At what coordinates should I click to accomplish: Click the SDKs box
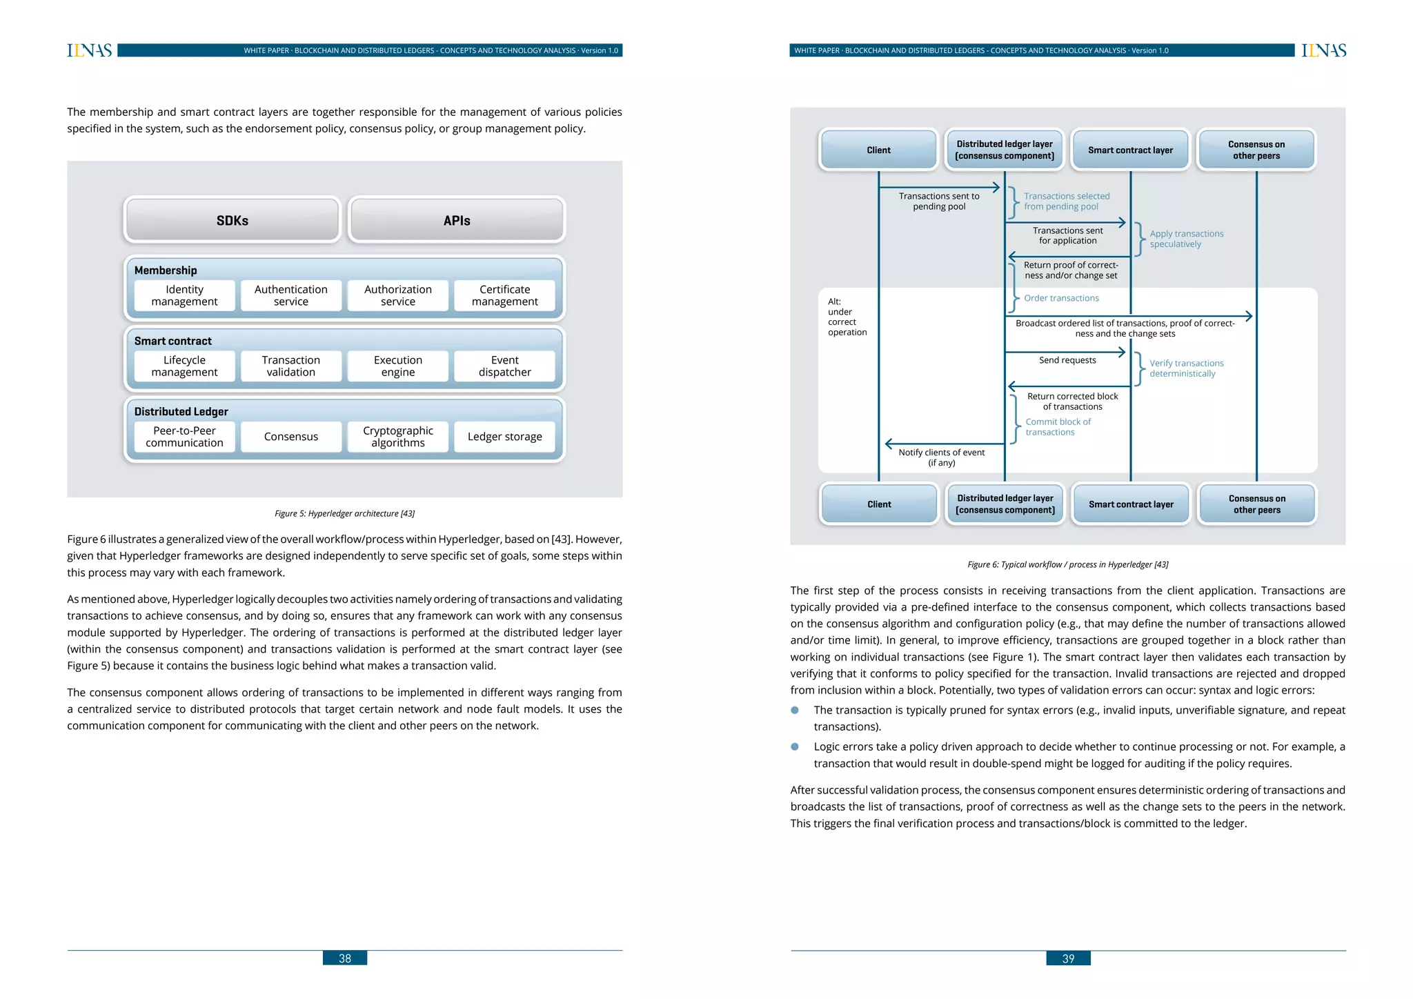point(232,220)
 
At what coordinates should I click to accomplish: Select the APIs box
point(457,220)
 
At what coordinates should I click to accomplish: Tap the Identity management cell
point(184,295)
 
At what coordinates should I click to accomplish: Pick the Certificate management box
point(504,295)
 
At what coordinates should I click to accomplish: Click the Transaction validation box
point(290,366)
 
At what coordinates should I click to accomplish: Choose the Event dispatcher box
point(504,366)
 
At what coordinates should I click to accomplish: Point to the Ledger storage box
point(504,437)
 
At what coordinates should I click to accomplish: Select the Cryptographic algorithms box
point(397,437)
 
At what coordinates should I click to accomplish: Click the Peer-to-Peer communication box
point(184,437)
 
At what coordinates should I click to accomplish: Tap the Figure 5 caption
point(344,513)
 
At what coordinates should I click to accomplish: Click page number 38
point(344,958)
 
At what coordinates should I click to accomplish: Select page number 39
point(1068,958)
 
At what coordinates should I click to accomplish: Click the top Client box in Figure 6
point(878,150)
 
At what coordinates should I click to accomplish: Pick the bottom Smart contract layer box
point(1131,504)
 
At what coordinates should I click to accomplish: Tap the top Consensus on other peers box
point(1256,150)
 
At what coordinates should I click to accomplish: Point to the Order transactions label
point(1061,298)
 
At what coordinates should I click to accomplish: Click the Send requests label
point(1067,360)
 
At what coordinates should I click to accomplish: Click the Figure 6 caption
point(1067,564)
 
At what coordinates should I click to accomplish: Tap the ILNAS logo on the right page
point(1323,50)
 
